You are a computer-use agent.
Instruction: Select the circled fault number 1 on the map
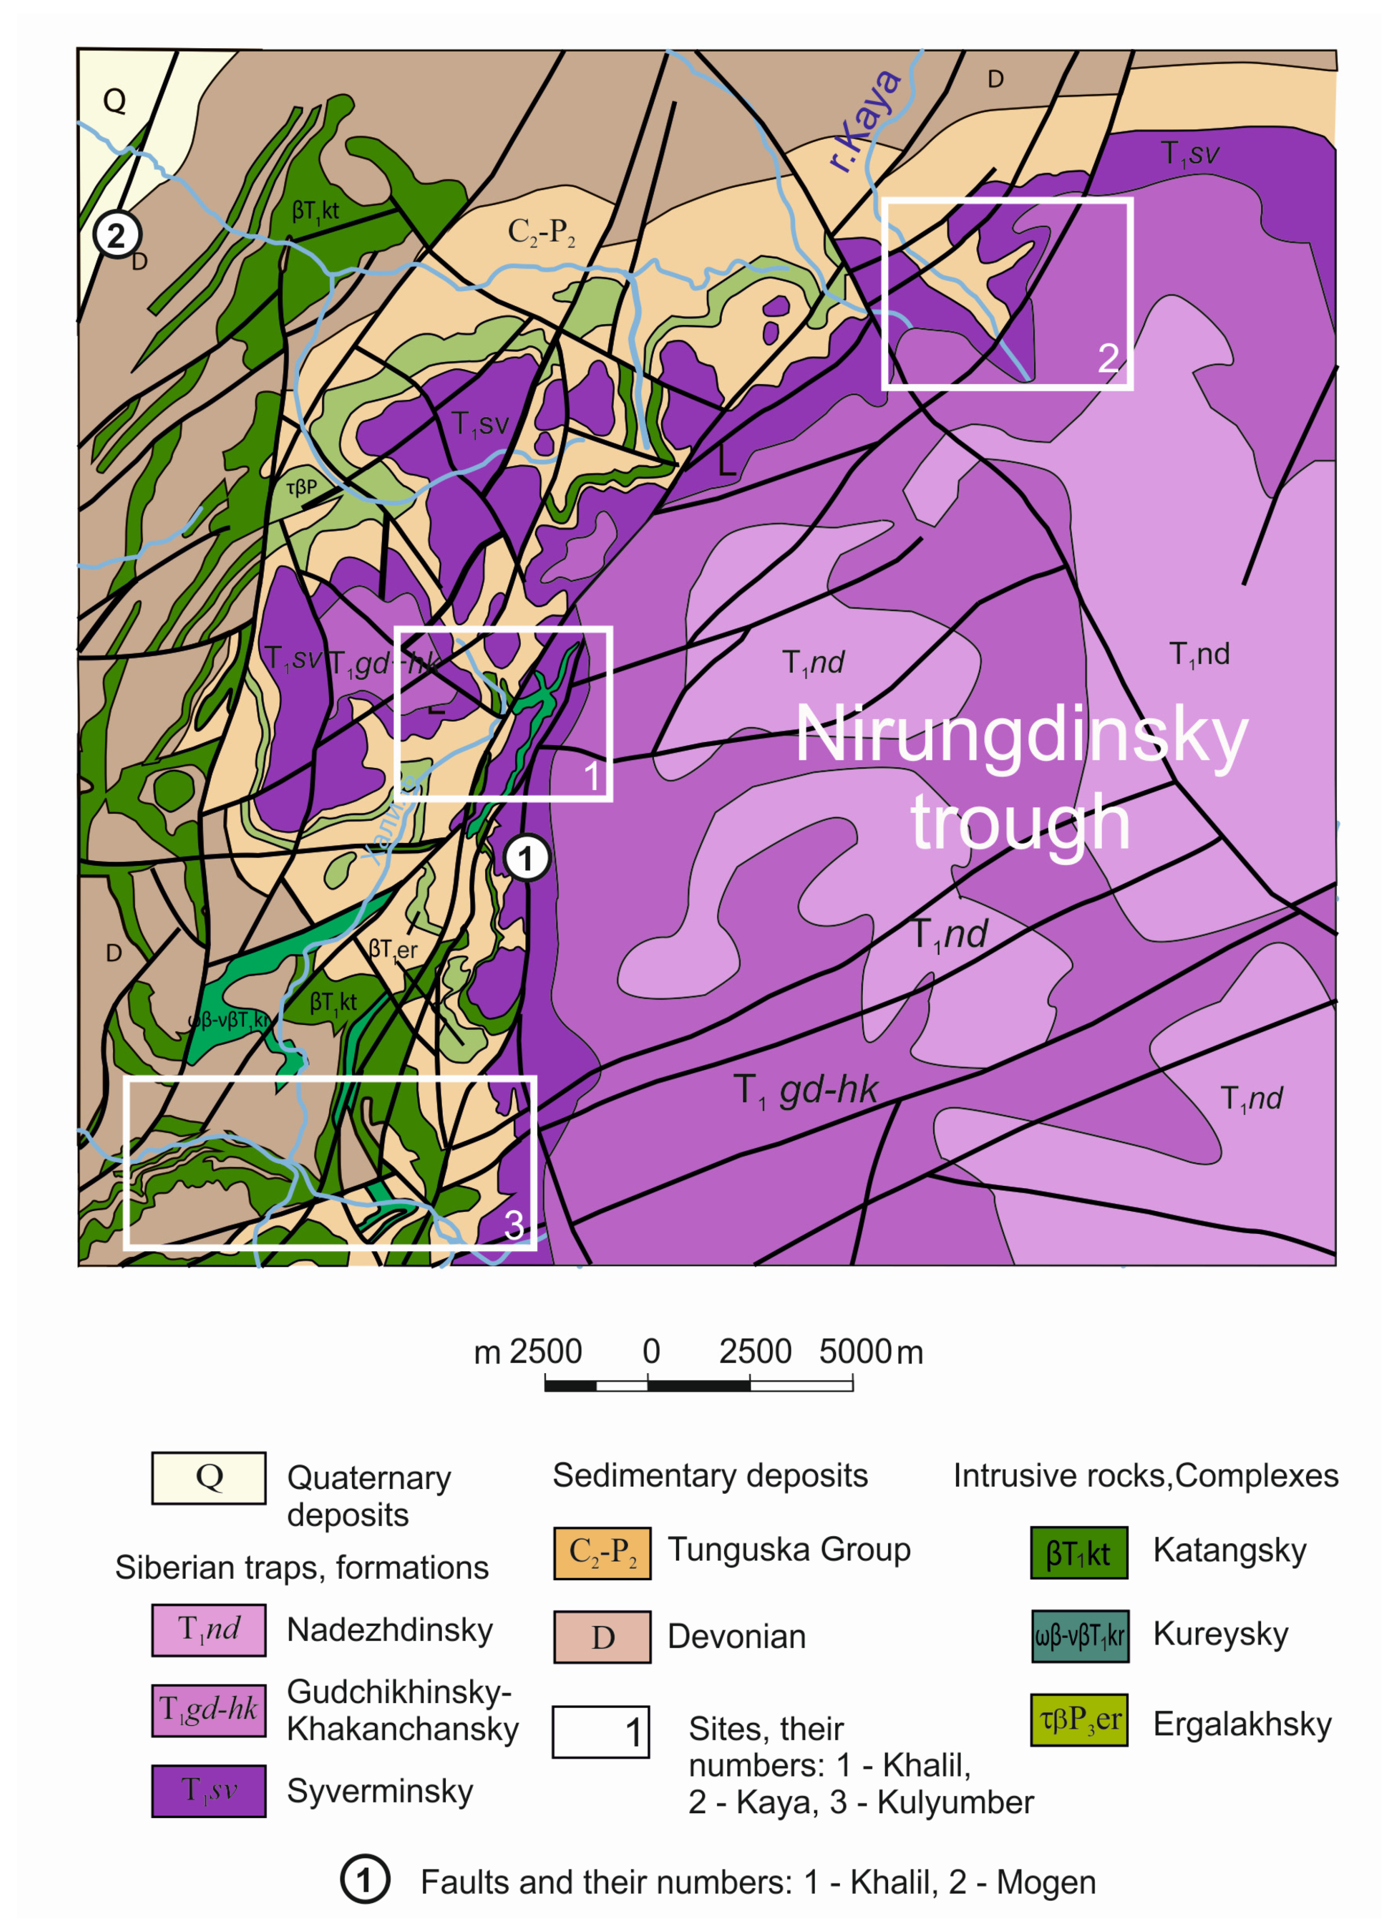526,858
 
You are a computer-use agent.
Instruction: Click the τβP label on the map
301,487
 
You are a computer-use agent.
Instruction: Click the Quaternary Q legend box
209,1477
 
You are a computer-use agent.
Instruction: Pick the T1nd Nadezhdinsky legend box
209,1630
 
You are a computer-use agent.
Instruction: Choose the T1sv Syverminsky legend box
209,1790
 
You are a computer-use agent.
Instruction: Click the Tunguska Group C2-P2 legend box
602,1552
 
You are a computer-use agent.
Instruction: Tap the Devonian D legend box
602,1636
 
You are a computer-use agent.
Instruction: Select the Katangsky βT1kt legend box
1078,1552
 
